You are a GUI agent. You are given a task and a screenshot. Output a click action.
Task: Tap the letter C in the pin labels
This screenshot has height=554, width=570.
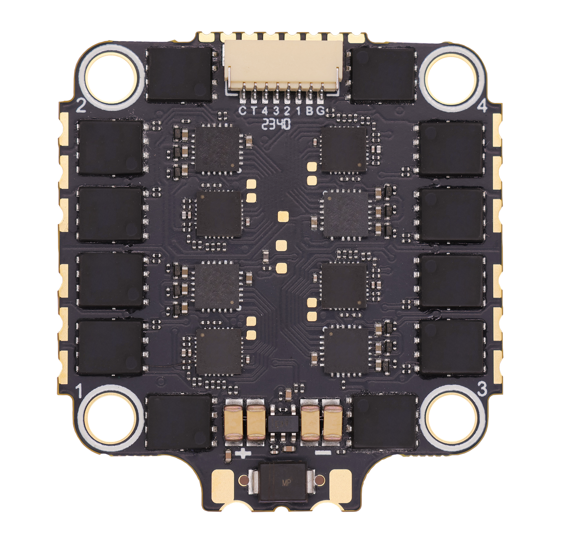(x=242, y=111)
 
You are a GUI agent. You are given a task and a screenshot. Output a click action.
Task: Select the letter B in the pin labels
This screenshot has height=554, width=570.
(x=310, y=111)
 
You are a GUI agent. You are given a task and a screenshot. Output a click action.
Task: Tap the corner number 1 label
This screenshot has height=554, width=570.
(x=79, y=391)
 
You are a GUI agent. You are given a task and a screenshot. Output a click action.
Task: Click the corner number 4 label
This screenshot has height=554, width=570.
(x=482, y=107)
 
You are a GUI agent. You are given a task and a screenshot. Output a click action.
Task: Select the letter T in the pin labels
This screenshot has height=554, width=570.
(x=254, y=111)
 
